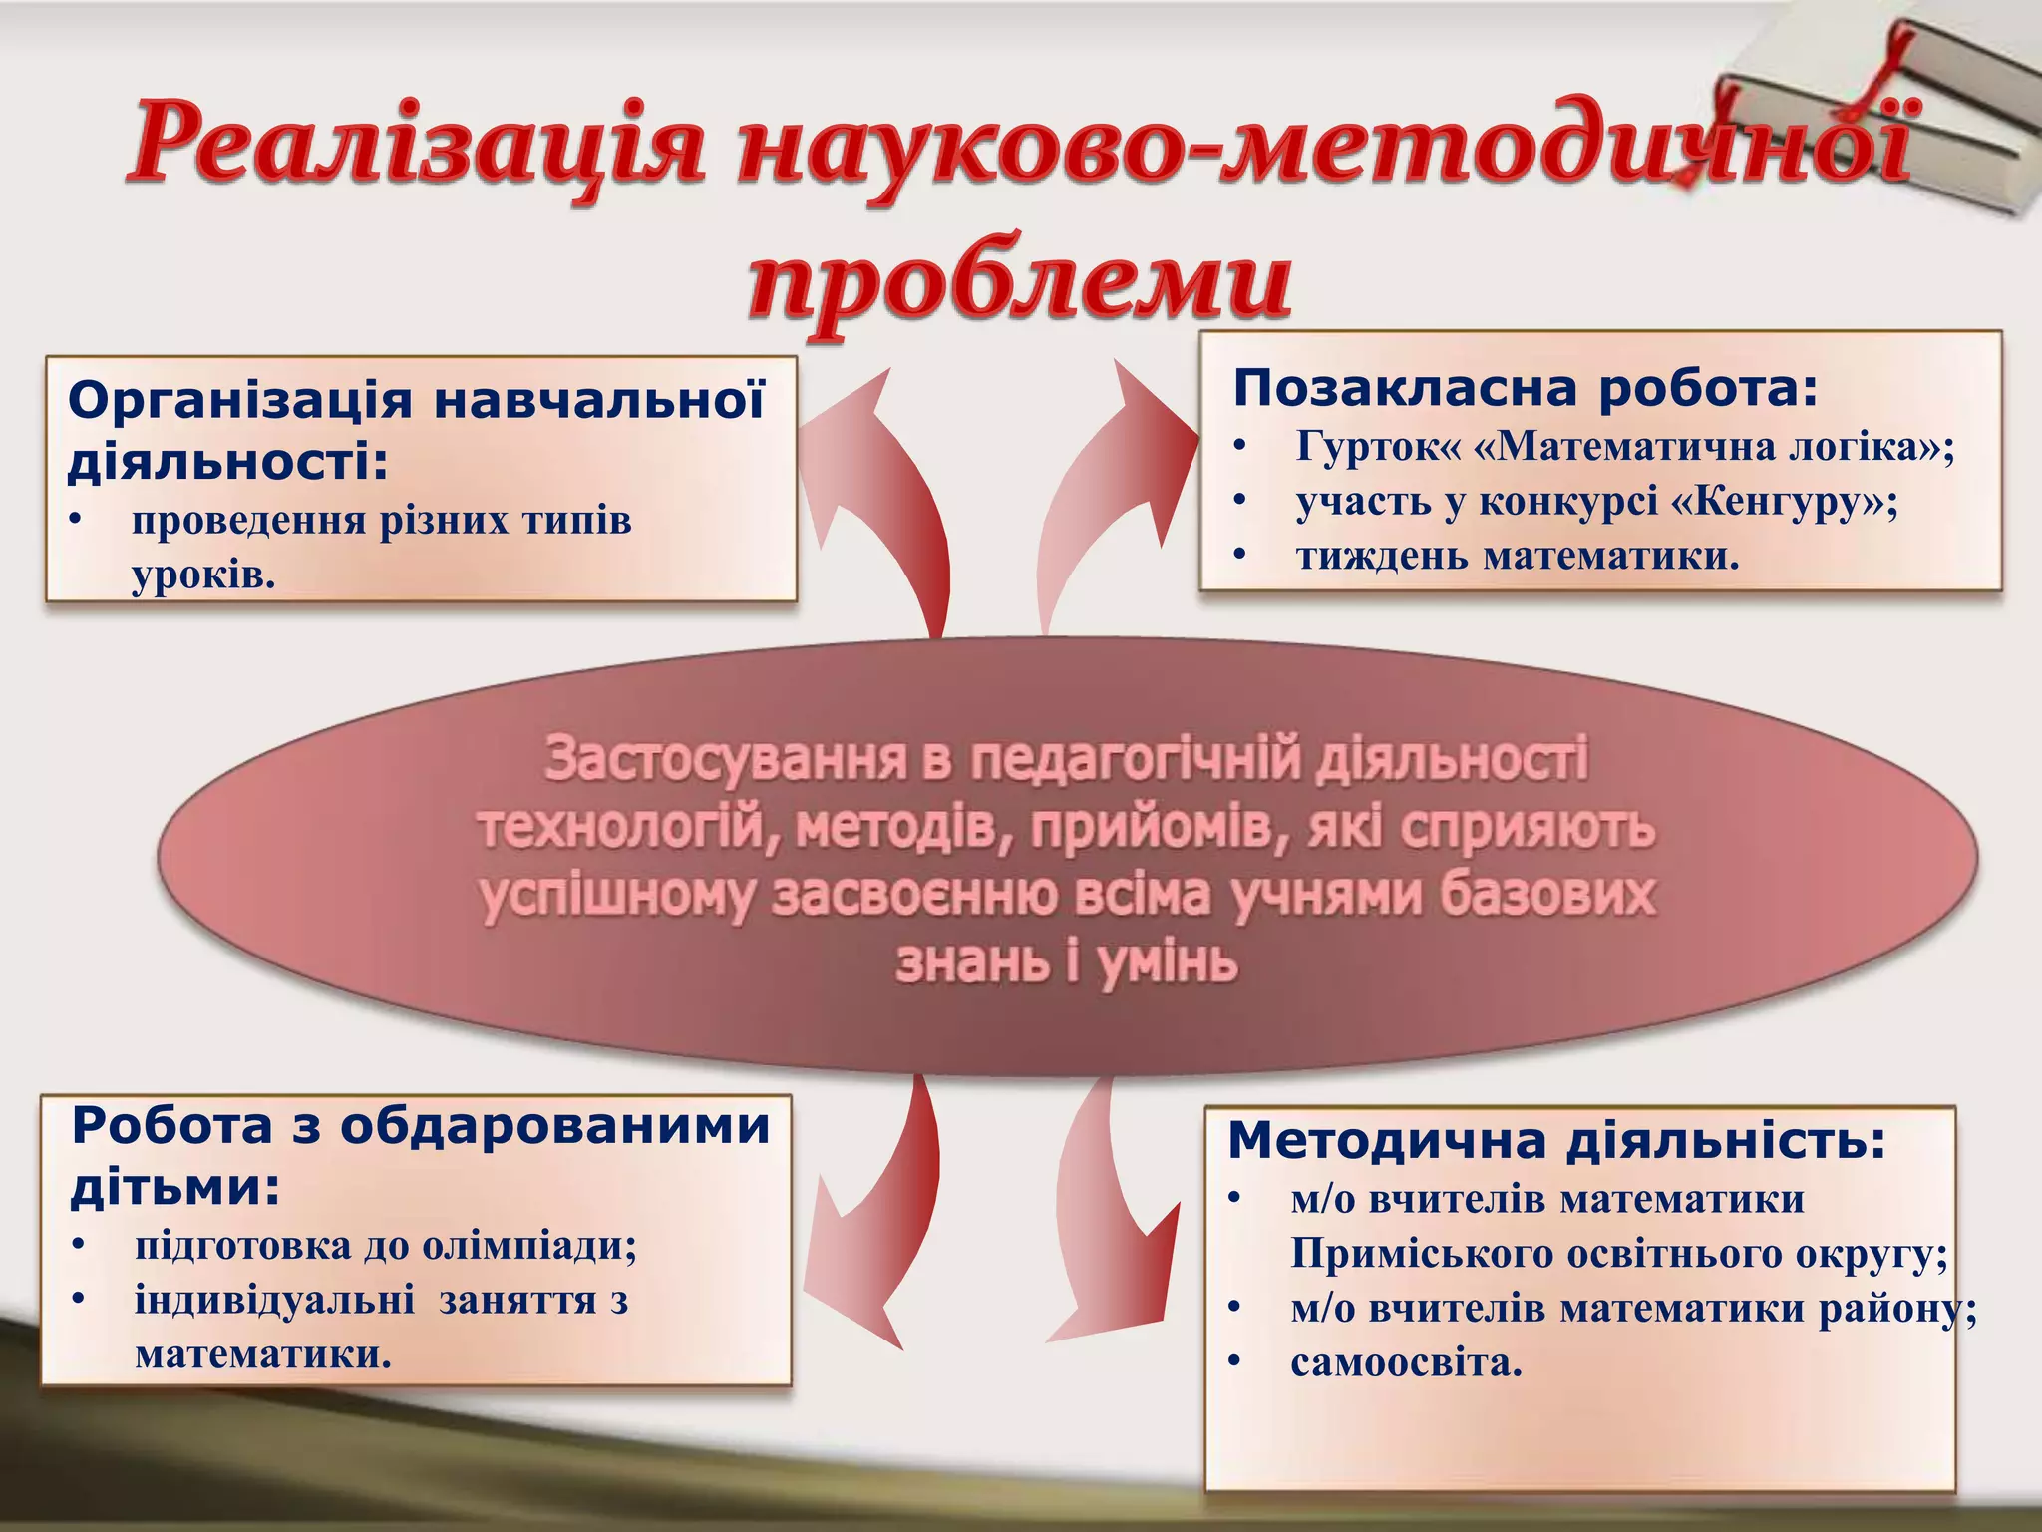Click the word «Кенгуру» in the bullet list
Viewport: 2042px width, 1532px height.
1775,501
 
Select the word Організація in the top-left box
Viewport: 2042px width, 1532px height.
239,401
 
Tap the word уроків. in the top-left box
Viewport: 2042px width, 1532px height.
203,575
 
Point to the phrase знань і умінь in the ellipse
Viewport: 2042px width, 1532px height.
1067,962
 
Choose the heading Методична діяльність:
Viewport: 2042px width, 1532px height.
1556,1140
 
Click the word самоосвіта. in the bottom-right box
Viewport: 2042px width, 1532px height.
1406,1362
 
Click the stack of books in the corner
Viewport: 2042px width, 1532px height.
1884,110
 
